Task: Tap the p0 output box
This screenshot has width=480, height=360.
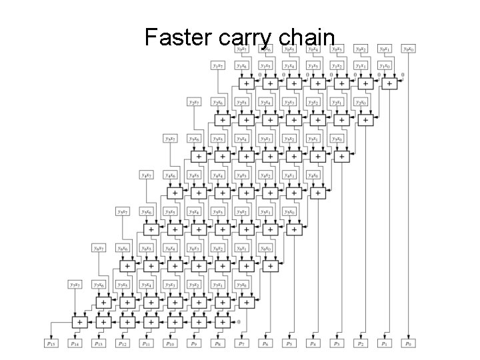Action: point(407,343)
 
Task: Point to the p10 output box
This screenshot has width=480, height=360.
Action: point(171,343)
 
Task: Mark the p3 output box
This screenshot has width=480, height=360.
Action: point(337,343)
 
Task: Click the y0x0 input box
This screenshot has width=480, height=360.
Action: point(407,49)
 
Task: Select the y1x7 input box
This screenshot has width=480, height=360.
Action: point(218,66)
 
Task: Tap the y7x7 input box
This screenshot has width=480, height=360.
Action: point(75,285)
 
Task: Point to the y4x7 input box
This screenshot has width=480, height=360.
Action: point(147,175)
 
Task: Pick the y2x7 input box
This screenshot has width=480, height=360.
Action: point(194,102)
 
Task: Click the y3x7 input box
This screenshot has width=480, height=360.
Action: point(171,139)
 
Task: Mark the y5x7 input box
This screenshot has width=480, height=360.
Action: point(123,212)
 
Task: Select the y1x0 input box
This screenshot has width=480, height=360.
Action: point(384,66)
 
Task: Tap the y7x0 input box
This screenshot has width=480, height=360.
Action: point(241,285)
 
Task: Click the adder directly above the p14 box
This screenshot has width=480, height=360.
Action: point(79,321)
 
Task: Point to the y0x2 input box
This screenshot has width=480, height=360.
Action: point(361,49)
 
